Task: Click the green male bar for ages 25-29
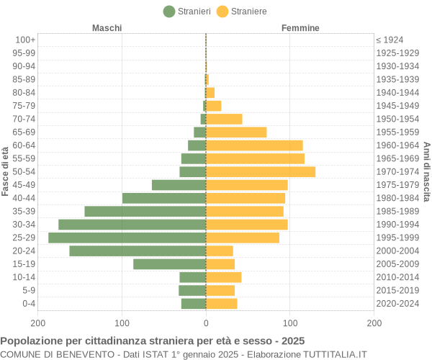pyautogui.click(x=127, y=238)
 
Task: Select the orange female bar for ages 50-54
pyautogui.click(x=261, y=171)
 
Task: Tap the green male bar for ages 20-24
pyautogui.click(x=138, y=251)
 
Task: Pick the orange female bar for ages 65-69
pyautogui.click(x=236, y=132)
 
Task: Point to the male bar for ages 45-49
pyautogui.click(x=179, y=185)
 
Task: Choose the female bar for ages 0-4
pyautogui.click(x=222, y=303)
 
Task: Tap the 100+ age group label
pyautogui.click(x=25, y=40)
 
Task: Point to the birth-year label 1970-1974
pyautogui.click(x=397, y=171)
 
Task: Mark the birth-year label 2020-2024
pyautogui.click(x=397, y=303)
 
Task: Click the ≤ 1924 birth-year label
pyautogui.click(x=390, y=40)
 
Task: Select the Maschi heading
pyautogui.click(x=107, y=28)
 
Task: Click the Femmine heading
pyautogui.click(x=300, y=28)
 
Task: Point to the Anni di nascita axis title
pyautogui.click(x=426, y=171)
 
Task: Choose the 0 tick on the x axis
pyautogui.click(x=206, y=323)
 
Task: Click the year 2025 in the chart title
pyautogui.click(x=292, y=341)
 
